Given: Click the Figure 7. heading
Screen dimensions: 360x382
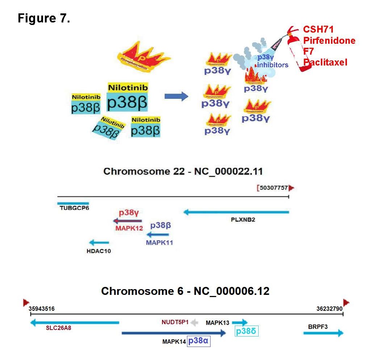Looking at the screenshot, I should [x=43, y=18].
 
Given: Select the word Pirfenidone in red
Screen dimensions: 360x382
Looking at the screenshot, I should [x=329, y=41].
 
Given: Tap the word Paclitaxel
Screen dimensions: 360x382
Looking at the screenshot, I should [x=325, y=63].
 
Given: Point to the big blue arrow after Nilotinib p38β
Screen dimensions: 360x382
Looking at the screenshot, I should [x=176, y=96].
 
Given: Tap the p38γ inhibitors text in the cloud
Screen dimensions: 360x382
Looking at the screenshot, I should [x=272, y=61].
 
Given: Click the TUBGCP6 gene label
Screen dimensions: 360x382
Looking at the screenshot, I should [x=75, y=209].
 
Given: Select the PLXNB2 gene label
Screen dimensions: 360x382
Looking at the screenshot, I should [x=243, y=219].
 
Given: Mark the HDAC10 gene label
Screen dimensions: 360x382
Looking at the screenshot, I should [x=99, y=251].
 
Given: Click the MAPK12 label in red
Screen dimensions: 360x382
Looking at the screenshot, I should [x=129, y=228].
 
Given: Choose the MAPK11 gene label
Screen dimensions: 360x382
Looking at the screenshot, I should [x=159, y=242].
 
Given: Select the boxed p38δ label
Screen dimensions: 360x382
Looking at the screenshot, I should [x=247, y=331].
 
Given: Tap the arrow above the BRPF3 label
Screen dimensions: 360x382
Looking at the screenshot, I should [x=323, y=333].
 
